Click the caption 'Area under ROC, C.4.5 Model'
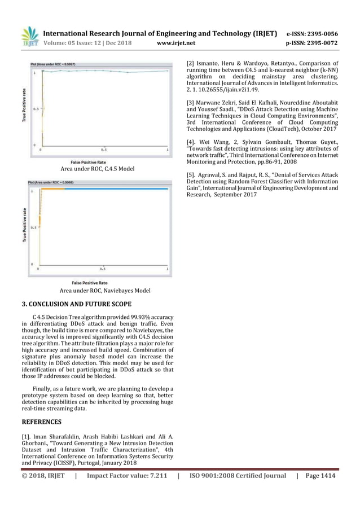pos(99,168)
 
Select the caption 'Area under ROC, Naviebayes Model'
pos(105,291)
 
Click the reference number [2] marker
pos(192,63)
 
